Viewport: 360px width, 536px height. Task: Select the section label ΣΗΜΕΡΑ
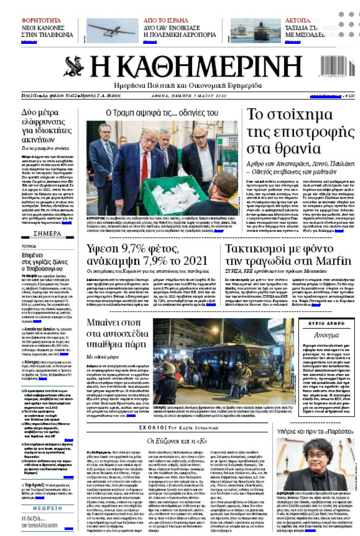pyautogui.click(x=47, y=233)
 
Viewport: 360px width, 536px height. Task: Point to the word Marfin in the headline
pyautogui.click(x=329, y=261)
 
